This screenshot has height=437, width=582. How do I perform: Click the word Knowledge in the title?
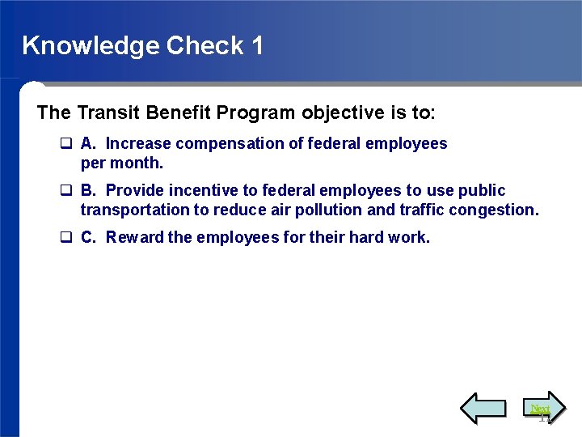point(91,45)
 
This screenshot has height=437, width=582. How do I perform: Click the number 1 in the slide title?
point(257,45)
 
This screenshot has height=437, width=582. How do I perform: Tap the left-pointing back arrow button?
point(483,408)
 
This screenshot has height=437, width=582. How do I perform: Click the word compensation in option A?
point(224,143)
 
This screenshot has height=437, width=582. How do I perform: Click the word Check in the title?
point(205,45)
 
